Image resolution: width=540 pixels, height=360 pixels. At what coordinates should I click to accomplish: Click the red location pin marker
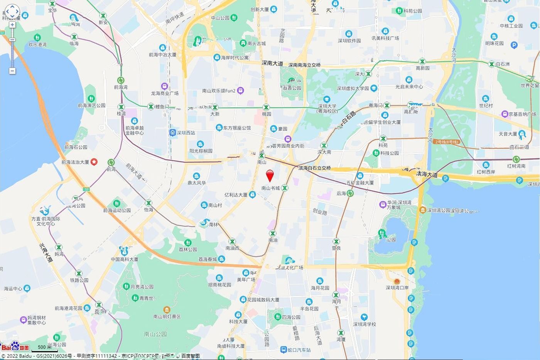tap(270, 176)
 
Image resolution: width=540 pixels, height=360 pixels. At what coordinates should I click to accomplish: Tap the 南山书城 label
tap(270, 188)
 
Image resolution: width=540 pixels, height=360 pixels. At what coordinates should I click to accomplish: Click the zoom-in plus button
tap(12, 25)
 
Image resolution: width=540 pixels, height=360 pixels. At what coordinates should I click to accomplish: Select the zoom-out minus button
tap(12, 71)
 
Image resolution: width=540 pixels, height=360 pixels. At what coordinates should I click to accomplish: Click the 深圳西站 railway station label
tap(186, 133)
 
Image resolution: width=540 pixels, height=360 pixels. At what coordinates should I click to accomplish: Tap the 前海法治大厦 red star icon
tap(93, 162)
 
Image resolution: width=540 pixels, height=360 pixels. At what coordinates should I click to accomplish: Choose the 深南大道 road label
tap(272, 63)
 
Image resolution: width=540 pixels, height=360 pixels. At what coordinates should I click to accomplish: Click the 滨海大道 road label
tap(427, 174)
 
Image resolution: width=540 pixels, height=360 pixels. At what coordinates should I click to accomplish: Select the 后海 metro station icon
tap(350, 193)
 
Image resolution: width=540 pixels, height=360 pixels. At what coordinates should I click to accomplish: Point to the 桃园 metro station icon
tap(266, 107)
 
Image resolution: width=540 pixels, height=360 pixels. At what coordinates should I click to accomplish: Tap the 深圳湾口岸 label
tap(397, 287)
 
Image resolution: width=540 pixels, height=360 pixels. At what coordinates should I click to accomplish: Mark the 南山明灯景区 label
tap(167, 316)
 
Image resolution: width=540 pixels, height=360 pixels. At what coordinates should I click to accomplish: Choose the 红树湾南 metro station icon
tap(516, 159)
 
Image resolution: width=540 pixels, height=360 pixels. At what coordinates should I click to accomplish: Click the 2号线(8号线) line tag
tap(446, 142)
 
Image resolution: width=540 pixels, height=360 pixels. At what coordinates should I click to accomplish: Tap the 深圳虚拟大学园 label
tap(353, 88)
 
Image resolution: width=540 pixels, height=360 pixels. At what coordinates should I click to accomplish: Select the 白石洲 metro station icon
tap(492, 64)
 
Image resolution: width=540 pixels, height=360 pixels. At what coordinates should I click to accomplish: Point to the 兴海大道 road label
tap(46, 253)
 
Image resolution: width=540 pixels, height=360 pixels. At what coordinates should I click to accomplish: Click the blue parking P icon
tap(514, 45)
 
